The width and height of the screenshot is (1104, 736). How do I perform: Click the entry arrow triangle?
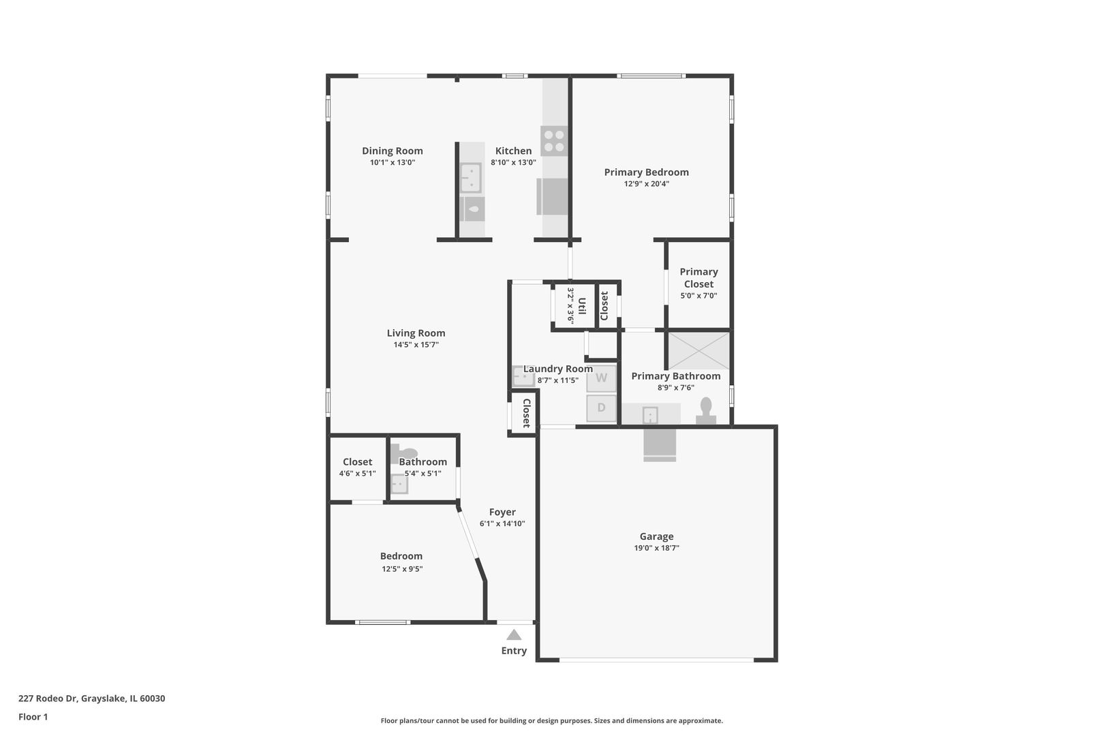[514, 634]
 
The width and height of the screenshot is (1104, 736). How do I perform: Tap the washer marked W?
[601, 378]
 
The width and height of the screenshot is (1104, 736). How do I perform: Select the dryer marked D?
[601, 408]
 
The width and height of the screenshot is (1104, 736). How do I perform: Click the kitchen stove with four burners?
[554, 140]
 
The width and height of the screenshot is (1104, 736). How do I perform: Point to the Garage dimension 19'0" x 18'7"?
[656, 548]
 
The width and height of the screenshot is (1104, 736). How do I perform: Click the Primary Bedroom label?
[646, 172]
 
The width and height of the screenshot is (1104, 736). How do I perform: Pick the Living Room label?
[416, 333]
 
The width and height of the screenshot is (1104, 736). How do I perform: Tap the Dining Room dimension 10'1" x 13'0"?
[393, 162]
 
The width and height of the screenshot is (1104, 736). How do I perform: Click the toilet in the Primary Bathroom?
[706, 411]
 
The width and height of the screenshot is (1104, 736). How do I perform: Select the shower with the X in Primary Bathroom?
[699, 350]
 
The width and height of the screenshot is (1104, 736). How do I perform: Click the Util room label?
[581, 305]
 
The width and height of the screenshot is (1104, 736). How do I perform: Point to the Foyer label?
[502, 512]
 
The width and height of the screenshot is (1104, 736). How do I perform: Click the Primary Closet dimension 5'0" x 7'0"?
[699, 296]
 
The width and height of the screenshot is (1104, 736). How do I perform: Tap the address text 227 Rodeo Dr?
[48, 698]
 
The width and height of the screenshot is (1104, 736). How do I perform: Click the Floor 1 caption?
[33, 717]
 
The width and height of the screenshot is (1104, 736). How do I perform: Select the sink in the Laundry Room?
[523, 376]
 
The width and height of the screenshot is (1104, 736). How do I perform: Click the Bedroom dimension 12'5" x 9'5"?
[402, 569]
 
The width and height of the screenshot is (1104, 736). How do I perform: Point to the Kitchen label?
[513, 151]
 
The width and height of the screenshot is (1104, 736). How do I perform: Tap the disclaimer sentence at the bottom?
[551, 721]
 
